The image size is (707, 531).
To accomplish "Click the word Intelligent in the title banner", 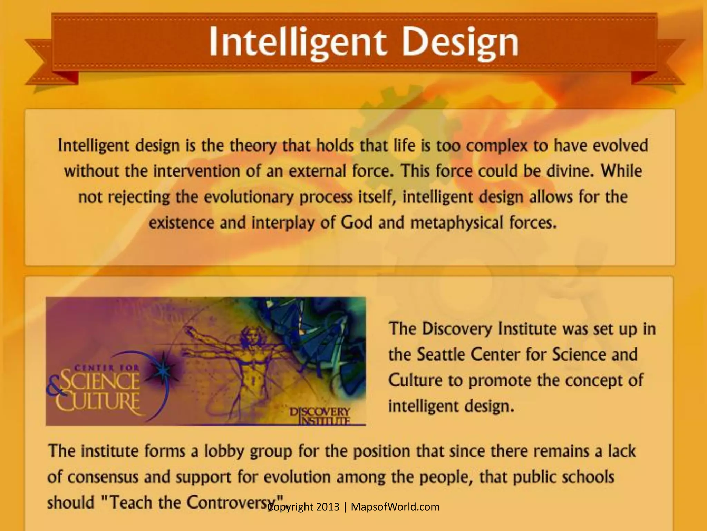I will click(297, 43).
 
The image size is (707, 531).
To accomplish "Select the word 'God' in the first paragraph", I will click(357, 222).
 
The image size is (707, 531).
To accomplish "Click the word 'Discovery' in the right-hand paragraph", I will click(457, 329).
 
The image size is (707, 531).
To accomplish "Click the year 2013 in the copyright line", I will click(328, 507).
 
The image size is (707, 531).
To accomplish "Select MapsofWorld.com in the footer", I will click(395, 507).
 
